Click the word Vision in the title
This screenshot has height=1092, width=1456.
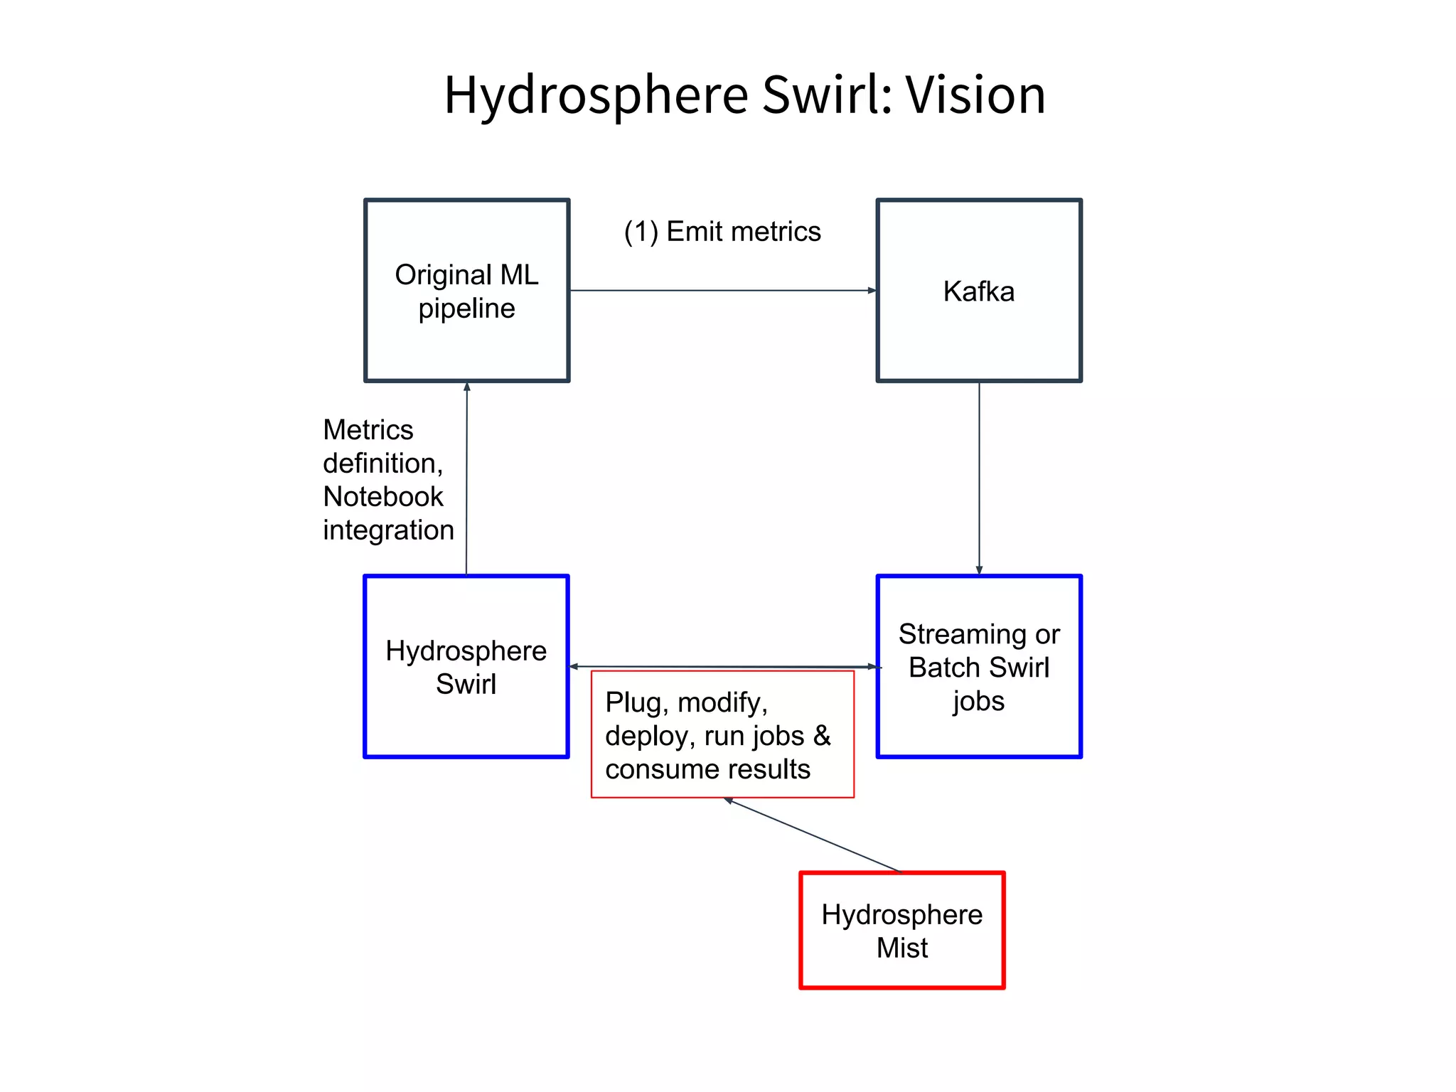point(975,95)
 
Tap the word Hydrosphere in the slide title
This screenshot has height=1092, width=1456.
point(596,96)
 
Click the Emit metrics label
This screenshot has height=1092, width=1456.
point(743,232)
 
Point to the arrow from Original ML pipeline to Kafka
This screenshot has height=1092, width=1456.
point(722,290)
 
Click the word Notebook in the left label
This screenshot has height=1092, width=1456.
point(382,497)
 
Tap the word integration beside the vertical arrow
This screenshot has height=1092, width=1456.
point(388,530)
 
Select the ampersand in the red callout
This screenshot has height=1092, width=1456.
point(822,736)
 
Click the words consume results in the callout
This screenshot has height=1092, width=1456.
point(707,769)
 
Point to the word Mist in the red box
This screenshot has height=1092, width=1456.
point(901,948)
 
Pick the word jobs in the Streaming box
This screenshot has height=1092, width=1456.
point(978,702)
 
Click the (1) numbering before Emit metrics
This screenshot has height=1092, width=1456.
point(641,232)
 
